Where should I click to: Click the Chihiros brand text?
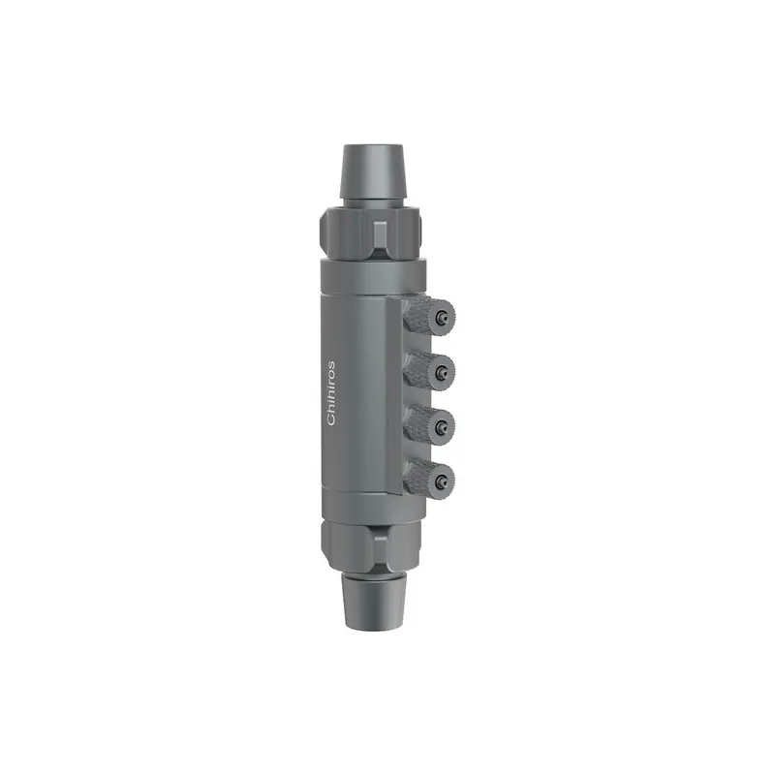tap(331, 392)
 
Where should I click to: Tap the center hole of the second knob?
tap(442, 368)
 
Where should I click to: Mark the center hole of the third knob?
tap(442, 422)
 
